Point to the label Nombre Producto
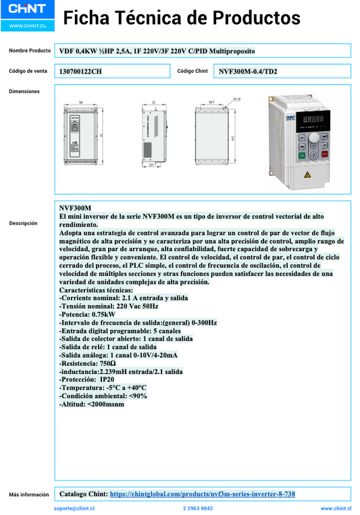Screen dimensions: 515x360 30,51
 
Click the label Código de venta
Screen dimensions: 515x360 28,71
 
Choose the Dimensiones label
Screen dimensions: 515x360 24,91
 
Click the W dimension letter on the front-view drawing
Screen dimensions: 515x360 81,103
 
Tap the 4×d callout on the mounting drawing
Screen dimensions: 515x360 236,99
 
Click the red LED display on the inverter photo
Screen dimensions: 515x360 311,119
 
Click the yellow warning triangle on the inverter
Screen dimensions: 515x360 307,174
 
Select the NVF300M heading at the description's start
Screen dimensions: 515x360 75,208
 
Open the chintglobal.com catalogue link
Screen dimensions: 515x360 202,494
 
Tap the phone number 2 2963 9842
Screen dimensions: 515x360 198,508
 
